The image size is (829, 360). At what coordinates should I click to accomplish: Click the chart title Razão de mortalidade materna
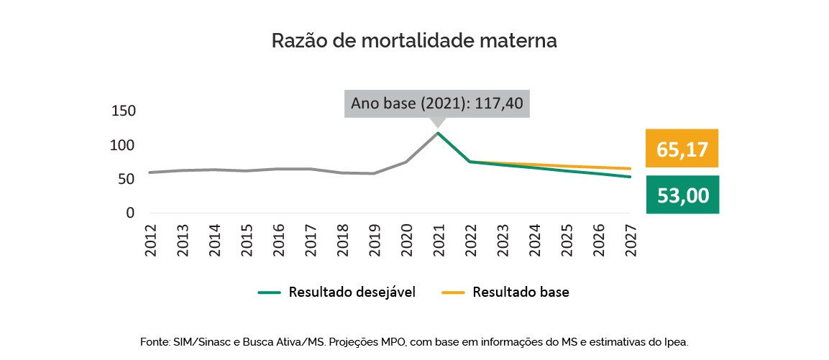[x=414, y=41]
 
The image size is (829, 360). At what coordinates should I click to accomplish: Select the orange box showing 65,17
[x=682, y=149]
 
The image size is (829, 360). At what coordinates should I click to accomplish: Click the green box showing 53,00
[x=682, y=195]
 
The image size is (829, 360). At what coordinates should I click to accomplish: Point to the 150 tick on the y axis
[x=123, y=111]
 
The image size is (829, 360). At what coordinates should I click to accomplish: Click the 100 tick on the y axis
[x=123, y=145]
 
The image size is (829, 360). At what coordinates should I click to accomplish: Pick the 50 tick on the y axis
[x=127, y=179]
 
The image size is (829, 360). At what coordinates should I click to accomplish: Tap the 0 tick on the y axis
[x=130, y=213]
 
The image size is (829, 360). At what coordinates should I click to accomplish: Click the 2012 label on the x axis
[x=150, y=237]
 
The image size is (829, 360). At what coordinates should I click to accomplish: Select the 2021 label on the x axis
[x=437, y=237]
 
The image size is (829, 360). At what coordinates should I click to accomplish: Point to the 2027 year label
[x=629, y=237]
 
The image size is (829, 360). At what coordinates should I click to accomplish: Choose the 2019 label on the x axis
[x=373, y=237]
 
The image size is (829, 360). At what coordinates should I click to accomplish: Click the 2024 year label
[x=533, y=237]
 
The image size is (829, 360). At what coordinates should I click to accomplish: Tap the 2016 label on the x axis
[x=278, y=237]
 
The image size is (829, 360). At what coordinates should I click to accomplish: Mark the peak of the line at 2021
[x=437, y=133]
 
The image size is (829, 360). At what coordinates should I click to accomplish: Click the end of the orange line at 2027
[x=629, y=169]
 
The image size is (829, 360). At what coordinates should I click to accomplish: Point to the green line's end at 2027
[x=629, y=177]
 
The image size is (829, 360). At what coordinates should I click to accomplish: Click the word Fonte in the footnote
[x=155, y=342]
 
